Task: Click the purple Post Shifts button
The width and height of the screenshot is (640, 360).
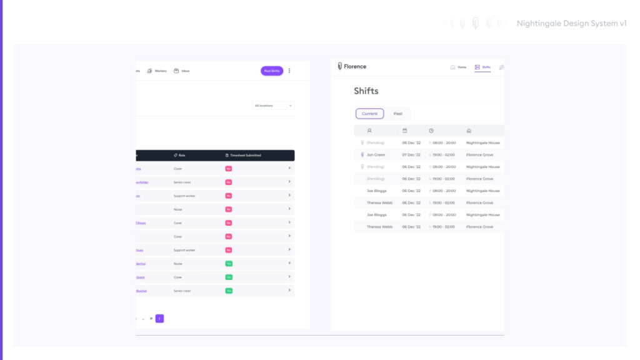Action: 272,71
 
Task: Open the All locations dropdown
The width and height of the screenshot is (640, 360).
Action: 274,106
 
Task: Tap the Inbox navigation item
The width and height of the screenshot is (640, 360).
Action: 182,71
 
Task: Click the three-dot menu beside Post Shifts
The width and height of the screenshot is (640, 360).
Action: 289,71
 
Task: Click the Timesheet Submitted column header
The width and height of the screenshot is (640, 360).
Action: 243,155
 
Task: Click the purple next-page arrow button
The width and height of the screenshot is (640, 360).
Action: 159,318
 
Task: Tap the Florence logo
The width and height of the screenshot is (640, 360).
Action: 352,66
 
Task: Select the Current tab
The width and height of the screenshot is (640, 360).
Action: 369,114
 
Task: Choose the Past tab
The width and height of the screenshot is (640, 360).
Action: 397,114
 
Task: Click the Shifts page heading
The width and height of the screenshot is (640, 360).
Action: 366,91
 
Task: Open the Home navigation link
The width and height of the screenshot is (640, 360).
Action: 458,67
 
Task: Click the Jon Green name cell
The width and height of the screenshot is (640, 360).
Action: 376,154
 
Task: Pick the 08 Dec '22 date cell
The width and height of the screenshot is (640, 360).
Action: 411,142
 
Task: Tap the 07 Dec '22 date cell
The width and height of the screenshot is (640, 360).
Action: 411,154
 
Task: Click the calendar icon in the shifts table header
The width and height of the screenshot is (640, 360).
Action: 404,131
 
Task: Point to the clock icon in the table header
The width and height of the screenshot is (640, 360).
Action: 431,131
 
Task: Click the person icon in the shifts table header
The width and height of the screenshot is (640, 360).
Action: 369,131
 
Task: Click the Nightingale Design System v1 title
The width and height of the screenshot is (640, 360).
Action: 571,23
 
